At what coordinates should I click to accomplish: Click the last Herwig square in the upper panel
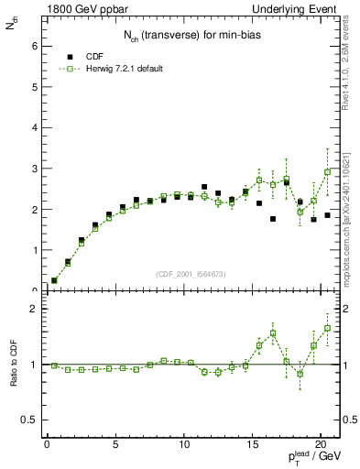(327, 172)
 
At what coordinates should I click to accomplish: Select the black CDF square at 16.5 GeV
(273, 219)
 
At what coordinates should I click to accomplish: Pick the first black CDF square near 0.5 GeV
(54, 280)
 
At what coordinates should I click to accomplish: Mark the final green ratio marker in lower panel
(327, 328)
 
